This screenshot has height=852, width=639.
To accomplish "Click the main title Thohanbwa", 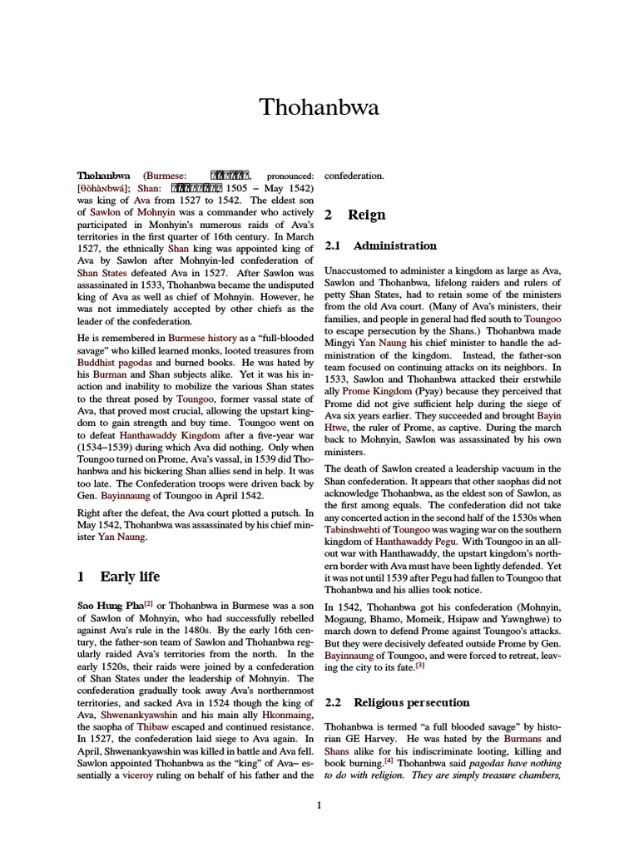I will coord(319,108).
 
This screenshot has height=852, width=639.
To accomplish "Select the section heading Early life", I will coord(130,577).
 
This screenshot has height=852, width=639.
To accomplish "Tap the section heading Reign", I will coord(367,215).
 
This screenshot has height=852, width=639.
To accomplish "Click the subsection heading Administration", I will coord(394,245).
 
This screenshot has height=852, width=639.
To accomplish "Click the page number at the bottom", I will coord(319,805).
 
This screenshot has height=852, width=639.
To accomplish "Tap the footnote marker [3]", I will coord(420,665).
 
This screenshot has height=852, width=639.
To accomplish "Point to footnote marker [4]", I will coord(378,760).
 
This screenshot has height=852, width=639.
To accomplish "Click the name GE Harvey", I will coord(374,738).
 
